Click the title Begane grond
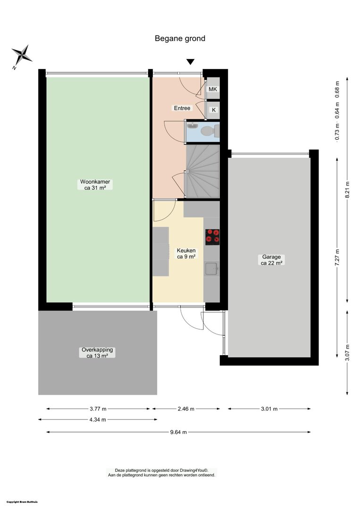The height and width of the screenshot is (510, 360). point(180,39)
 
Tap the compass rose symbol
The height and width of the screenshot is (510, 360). point(21,56)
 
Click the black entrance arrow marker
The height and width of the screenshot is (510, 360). point(191,62)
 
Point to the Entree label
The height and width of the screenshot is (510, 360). point(182,108)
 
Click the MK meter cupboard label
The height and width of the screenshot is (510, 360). point(213,89)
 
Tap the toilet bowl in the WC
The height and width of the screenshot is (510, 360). point(209,131)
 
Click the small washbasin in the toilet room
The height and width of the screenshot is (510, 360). point(193,126)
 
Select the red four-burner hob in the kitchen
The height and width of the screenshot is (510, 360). point(212,237)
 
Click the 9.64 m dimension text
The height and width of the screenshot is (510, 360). point(178,432)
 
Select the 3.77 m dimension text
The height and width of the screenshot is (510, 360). point(98,409)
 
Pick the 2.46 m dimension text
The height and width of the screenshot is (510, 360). point(186,409)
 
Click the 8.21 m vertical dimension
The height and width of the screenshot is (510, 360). point(347,190)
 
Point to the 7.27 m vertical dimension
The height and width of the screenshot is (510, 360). point(337,258)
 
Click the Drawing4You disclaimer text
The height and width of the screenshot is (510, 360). point(161,473)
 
